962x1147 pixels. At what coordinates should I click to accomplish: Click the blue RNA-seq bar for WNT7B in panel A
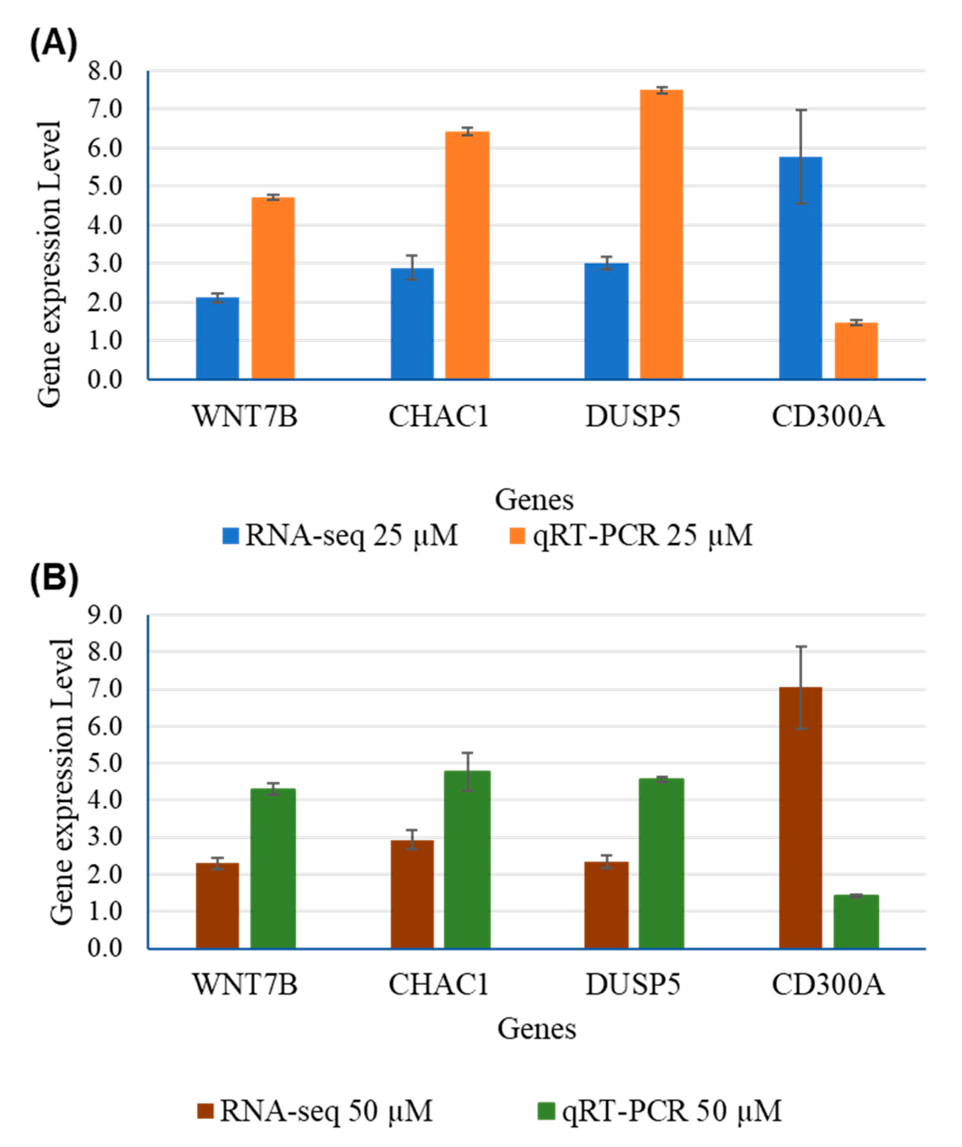(218, 338)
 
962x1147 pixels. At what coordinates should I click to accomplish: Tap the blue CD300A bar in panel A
(800, 267)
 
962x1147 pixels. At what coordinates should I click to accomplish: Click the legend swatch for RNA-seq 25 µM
(230, 536)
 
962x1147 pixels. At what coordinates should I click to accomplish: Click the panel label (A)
(53, 44)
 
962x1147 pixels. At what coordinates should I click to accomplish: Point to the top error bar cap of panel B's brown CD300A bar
(801, 647)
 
